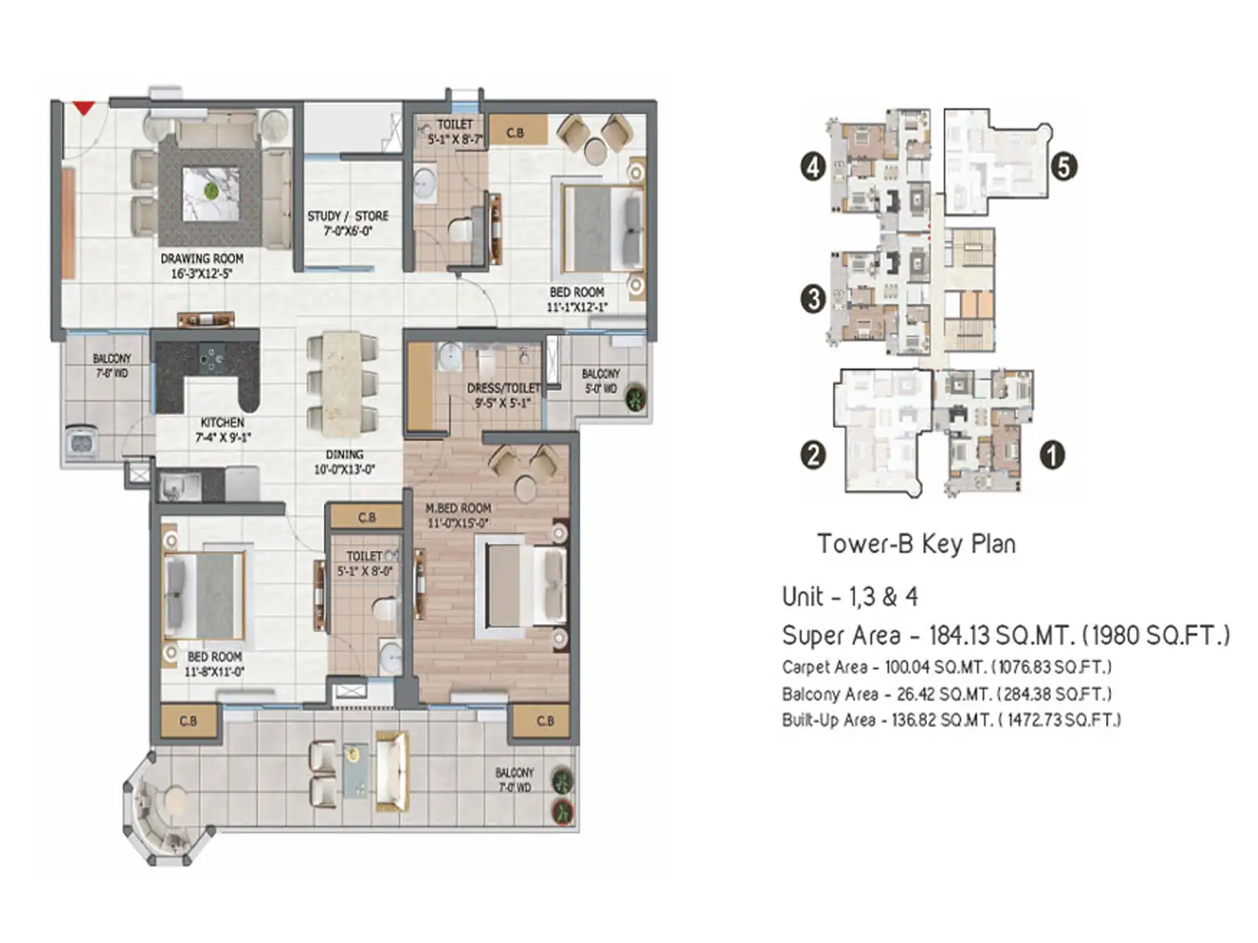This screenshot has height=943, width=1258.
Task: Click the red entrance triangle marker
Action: pyautogui.click(x=84, y=108)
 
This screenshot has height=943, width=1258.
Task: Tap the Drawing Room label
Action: pyautogui.click(x=201, y=266)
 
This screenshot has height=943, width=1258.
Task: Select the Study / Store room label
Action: pyautogui.click(x=348, y=223)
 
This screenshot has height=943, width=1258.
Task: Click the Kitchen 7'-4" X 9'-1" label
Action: pyautogui.click(x=223, y=430)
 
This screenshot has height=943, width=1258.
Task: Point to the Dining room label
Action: pyautogui.click(x=344, y=461)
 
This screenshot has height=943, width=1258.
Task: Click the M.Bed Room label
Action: pyautogui.click(x=458, y=516)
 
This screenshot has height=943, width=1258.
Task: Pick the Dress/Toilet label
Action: pyautogui.click(x=503, y=394)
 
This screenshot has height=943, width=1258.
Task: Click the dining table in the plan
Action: pyautogui.click(x=342, y=383)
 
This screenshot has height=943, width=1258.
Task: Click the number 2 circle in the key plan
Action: pyautogui.click(x=813, y=455)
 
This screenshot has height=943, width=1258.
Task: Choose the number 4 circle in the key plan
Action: pyautogui.click(x=813, y=167)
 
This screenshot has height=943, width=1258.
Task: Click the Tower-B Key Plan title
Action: pyautogui.click(x=916, y=544)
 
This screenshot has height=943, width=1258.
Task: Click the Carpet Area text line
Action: pyautogui.click(x=947, y=667)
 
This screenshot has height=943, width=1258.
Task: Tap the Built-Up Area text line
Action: pyautogui.click(x=951, y=720)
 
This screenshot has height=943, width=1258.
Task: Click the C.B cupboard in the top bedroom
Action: pyautogui.click(x=517, y=132)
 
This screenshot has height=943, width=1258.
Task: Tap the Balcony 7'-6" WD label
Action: pyautogui.click(x=112, y=365)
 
